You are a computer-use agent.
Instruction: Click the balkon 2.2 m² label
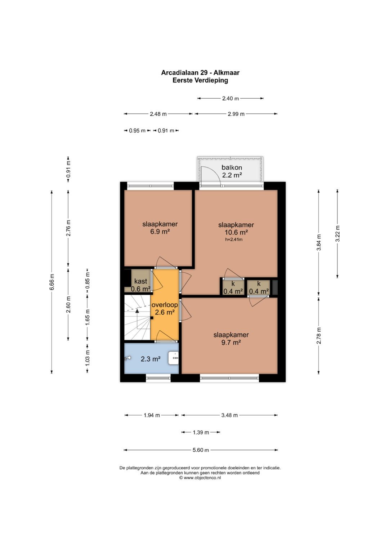tap(232, 171)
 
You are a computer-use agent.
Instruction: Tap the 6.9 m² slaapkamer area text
tap(160, 232)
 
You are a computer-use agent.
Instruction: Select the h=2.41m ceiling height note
tap(234, 240)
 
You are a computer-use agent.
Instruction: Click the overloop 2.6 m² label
tap(165, 309)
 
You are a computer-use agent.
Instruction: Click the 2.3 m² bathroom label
tap(151, 359)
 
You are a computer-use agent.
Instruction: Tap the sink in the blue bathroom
tap(173, 358)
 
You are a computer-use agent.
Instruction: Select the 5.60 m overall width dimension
tap(201, 450)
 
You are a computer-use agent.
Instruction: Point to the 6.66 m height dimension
tap(52, 282)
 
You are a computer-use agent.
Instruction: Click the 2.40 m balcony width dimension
tap(231, 98)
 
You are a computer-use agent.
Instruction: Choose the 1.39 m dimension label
tap(201, 432)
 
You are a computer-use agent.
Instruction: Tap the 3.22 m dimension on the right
tap(337, 233)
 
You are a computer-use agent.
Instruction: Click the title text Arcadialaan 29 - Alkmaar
tap(200, 73)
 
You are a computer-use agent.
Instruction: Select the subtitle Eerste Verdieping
tap(200, 80)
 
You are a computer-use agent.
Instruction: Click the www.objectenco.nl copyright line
tap(200, 478)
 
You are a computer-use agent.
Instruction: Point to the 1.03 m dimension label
tap(88, 358)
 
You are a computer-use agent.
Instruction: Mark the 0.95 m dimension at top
tap(137, 131)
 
